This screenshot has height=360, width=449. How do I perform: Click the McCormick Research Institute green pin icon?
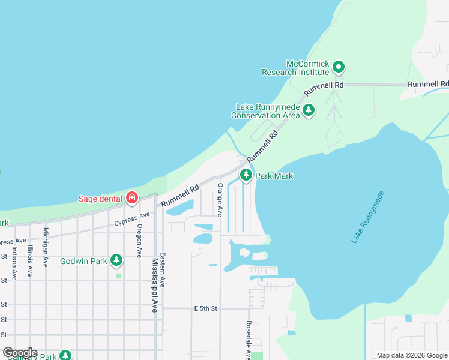tap(339, 67)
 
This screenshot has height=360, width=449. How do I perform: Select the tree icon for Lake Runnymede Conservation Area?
tap(309, 110)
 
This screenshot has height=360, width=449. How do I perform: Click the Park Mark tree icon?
tap(246, 175)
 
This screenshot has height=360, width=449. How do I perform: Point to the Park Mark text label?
tap(274, 176)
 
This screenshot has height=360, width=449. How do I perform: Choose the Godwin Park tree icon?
tap(116, 260)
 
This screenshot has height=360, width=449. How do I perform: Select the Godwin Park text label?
tap(84, 261)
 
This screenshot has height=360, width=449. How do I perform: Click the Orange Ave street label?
tap(220, 200)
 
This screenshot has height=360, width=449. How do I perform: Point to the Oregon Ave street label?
tap(139, 241)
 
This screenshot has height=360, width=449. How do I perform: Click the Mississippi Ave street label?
tap(155, 285)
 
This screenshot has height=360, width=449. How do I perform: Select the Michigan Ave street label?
tap(46, 247)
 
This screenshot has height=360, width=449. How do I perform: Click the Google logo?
tap(20, 352)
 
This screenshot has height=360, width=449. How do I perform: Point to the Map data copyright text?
tap(411, 355)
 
